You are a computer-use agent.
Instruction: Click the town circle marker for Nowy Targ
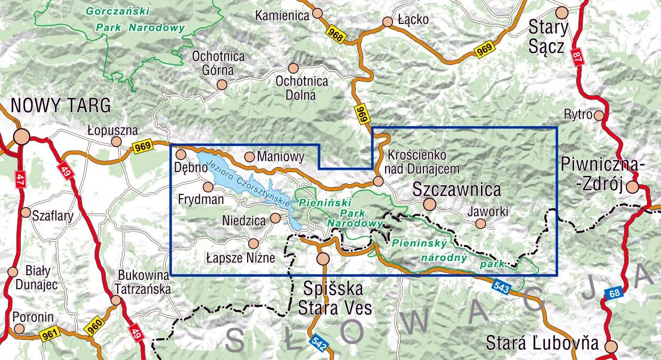click(21, 137)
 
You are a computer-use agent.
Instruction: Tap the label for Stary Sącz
click(548, 37)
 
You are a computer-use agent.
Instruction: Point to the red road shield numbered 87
click(577, 57)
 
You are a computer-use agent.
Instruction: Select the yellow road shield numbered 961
click(48, 334)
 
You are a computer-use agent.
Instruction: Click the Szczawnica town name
click(457, 189)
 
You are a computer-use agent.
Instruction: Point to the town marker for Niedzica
click(275, 218)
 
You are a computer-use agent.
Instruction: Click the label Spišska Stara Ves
click(333, 299)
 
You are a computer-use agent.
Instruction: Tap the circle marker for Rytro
click(599, 115)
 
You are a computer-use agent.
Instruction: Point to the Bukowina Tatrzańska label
click(145, 282)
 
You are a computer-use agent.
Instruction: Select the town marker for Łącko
click(387, 22)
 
